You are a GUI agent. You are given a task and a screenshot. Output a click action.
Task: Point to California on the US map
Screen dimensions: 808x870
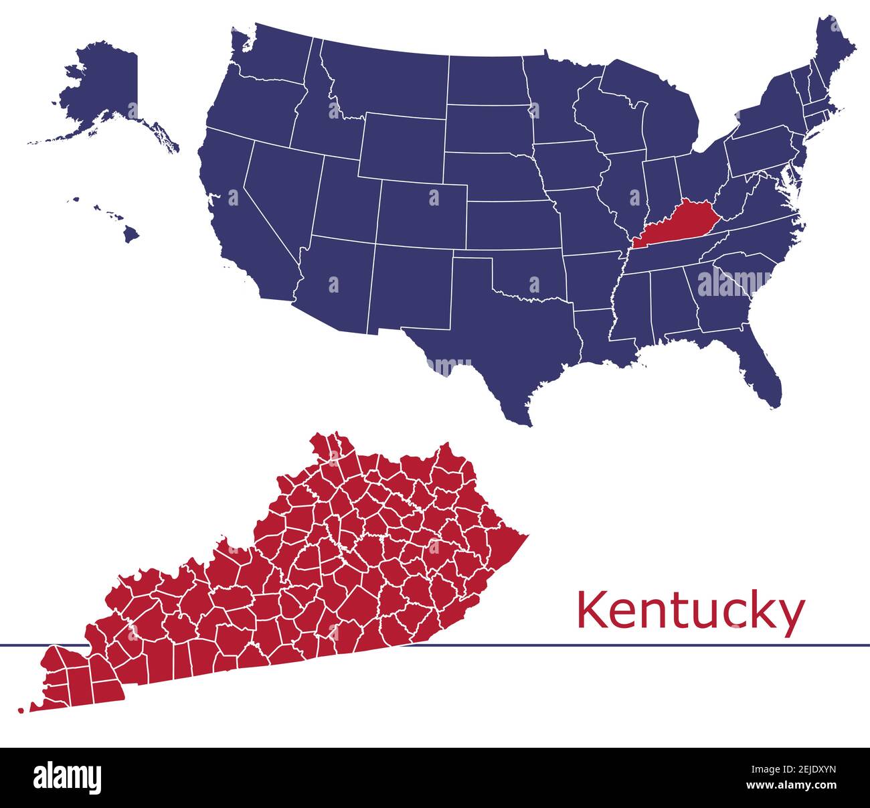(234, 214)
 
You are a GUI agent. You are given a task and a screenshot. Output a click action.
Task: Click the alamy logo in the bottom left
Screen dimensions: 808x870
(68, 777)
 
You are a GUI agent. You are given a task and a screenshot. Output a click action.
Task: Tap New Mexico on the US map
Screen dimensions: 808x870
(408, 288)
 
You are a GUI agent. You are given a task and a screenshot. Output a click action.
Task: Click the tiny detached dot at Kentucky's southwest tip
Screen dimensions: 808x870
(21, 710)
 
